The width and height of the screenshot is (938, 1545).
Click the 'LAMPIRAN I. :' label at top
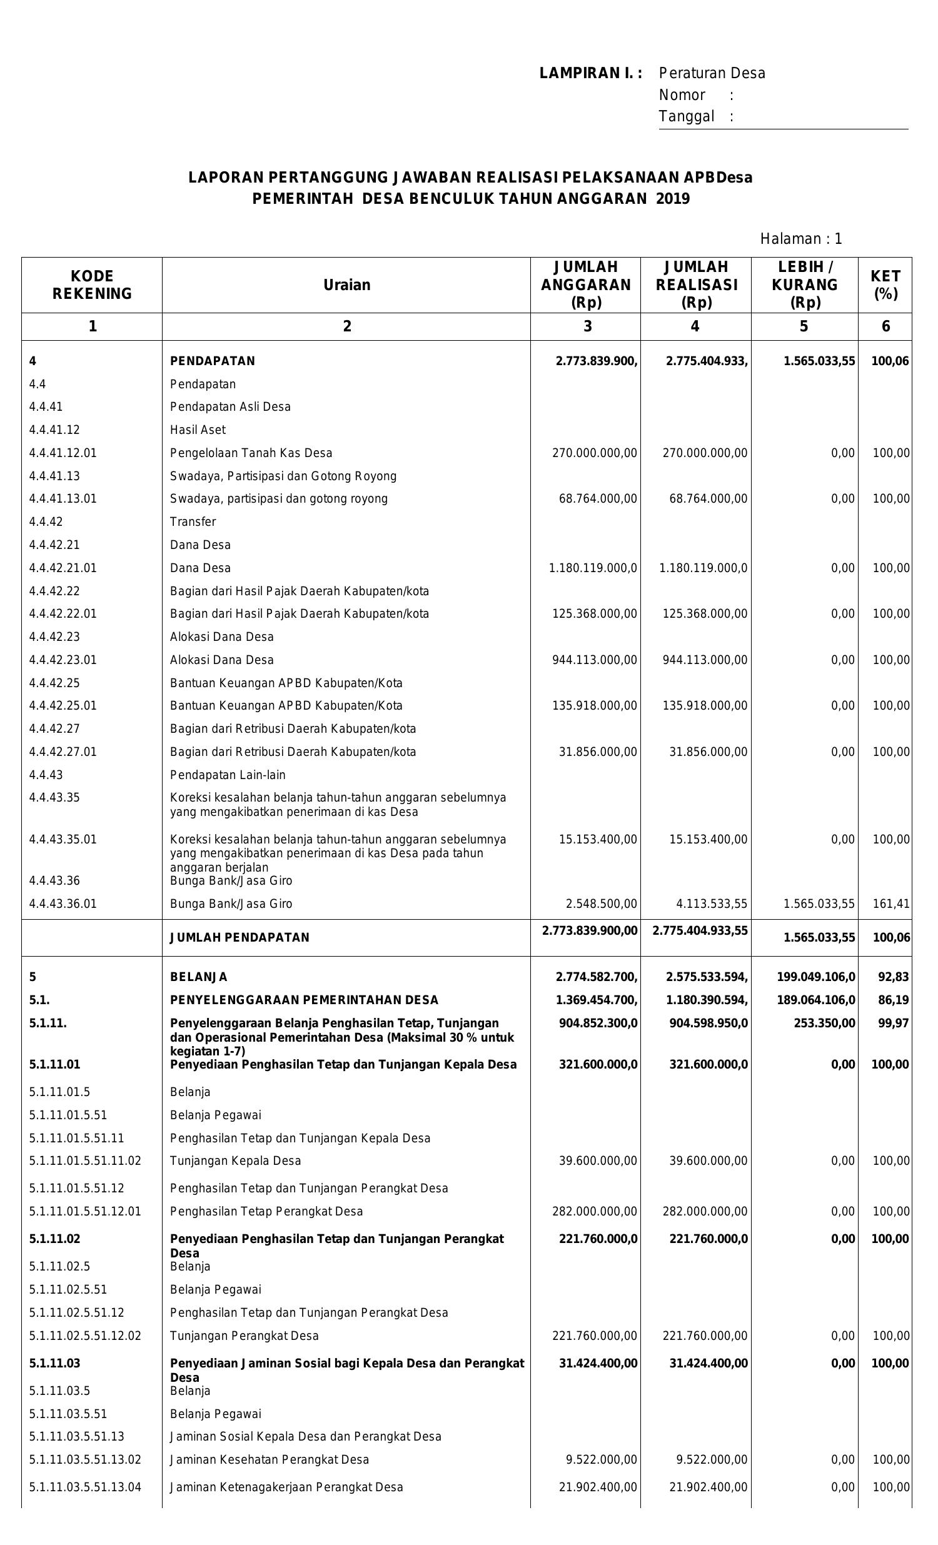click(x=590, y=73)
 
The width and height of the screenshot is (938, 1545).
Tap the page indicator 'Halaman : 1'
click(x=800, y=239)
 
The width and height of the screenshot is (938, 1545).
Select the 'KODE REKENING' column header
click(x=92, y=284)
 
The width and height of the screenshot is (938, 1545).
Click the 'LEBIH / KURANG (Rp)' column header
click(x=804, y=284)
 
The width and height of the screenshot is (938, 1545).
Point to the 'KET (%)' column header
click(x=885, y=284)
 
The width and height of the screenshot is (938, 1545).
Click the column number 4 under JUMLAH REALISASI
click(x=694, y=326)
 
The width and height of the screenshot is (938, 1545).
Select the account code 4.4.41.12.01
click(x=63, y=453)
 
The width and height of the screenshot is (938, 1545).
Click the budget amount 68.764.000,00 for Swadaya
click(x=598, y=498)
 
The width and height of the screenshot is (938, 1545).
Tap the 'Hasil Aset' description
click(x=198, y=430)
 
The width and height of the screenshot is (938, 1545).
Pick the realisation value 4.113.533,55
click(x=708, y=903)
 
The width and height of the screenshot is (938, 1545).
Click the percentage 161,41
click(x=891, y=903)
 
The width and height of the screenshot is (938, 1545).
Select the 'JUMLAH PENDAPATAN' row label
click(x=240, y=937)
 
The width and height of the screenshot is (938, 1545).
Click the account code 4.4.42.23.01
click(x=63, y=660)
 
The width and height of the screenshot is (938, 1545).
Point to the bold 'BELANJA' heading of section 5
click(x=199, y=977)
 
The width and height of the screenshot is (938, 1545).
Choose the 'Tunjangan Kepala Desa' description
click(x=235, y=1160)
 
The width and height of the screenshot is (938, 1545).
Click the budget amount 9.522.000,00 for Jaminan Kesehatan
click(x=601, y=1459)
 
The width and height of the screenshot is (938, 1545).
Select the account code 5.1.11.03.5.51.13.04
click(x=84, y=1487)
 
